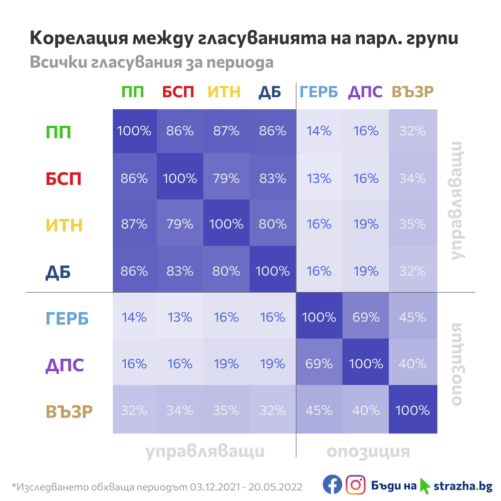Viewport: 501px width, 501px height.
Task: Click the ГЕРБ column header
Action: click(x=319, y=92)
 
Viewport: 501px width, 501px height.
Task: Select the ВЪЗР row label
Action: click(x=69, y=411)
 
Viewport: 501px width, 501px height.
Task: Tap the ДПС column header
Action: click(x=365, y=92)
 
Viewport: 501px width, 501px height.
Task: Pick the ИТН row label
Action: click(x=64, y=225)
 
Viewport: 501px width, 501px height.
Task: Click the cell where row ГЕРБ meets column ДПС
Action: click(x=366, y=317)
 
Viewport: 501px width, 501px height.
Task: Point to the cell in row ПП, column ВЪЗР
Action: click(x=412, y=132)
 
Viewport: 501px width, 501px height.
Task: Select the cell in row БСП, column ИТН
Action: click(x=226, y=178)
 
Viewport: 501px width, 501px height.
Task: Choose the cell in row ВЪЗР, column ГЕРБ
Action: click(x=319, y=410)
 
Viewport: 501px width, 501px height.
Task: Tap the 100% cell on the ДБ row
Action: click(x=273, y=271)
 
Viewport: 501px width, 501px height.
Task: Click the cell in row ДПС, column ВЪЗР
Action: click(x=412, y=364)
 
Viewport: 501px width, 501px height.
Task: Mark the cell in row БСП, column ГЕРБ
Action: click(x=319, y=178)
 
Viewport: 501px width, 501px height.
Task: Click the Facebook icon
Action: click(x=332, y=484)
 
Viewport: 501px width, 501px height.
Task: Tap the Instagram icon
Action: click(x=355, y=484)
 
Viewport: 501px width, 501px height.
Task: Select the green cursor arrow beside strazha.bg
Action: click(x=425, y=485)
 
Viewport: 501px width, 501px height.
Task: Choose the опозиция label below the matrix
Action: click(x=368, y=451)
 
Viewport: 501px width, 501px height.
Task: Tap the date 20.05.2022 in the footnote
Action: click(x=278, y=486)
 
